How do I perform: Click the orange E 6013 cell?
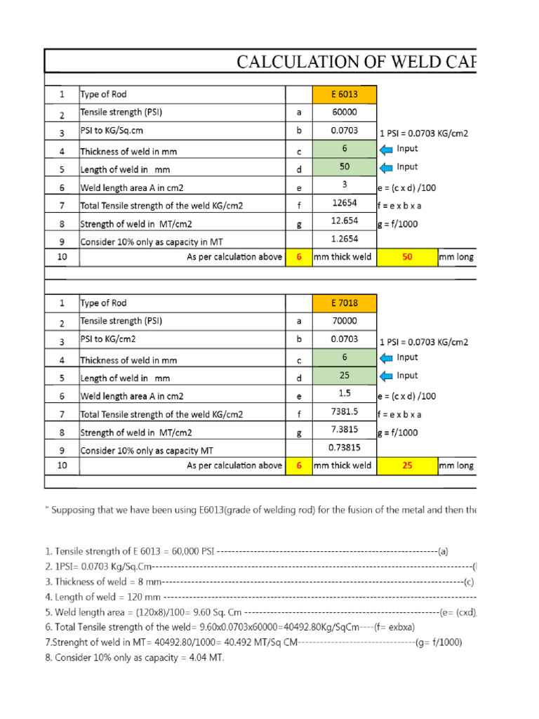[x=345, y=95]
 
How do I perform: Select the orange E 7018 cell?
[x=345, y=303]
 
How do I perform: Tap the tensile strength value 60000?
[x=345, y=112]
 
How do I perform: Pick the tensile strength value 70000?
[x=345, y=321]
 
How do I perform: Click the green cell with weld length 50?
[x=345, y=167]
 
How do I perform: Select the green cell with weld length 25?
[x=345, y=376]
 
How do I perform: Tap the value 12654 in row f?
[x=345, y=204]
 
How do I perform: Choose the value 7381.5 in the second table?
[x=345, y=412]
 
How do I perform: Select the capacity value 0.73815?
[x=345, y=448]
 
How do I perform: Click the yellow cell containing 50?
[x=407, y=257]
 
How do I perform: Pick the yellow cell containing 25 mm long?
[x=407, y=466]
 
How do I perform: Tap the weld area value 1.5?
[x=345, y=394]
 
